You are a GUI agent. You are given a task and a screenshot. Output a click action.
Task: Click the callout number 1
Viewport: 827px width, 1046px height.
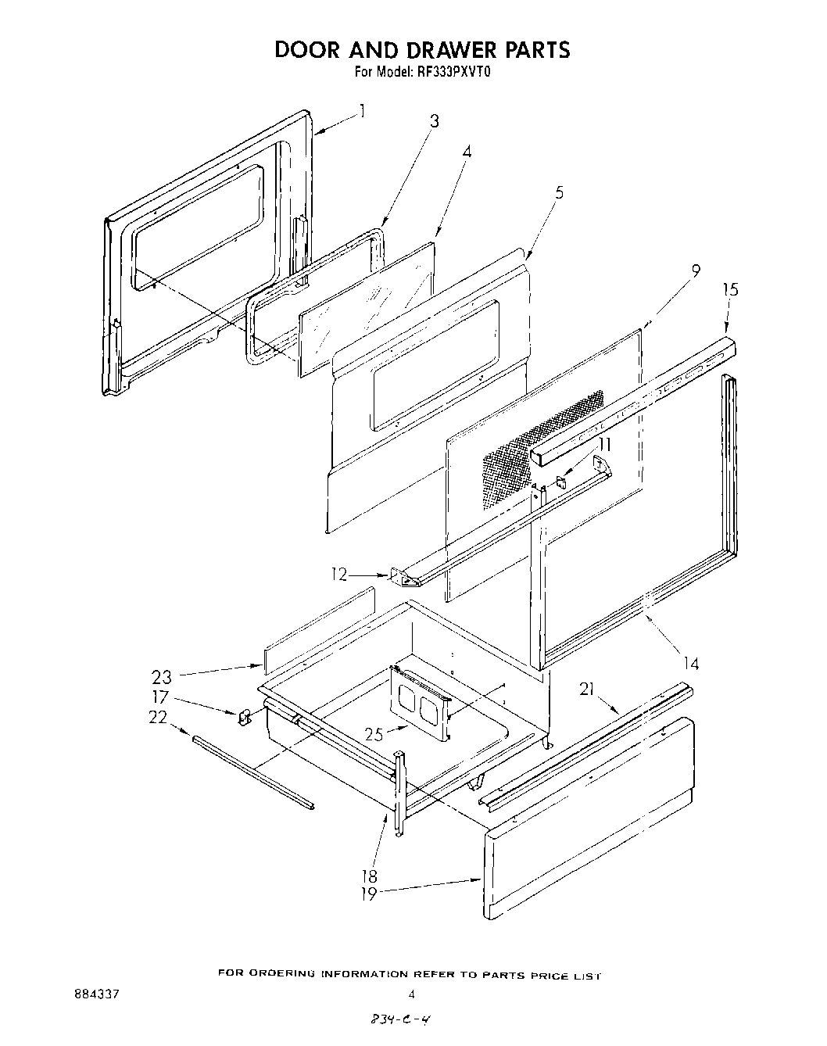click(x=362, y=111)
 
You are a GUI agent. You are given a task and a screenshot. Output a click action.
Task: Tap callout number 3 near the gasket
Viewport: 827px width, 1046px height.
click(x=434, y=120)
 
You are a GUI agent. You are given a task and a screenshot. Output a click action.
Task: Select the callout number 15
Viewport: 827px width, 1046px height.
click(x=729, y=289)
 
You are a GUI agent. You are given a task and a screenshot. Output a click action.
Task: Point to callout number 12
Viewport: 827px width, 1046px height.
click(x=338, y=575)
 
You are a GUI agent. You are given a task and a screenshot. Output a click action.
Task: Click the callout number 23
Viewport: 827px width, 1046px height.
click(x=162, y=677)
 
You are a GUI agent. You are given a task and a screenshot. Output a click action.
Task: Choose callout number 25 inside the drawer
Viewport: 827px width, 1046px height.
click(x=375, y=734)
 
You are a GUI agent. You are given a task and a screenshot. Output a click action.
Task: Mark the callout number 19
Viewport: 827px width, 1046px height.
click(x=368, y=894)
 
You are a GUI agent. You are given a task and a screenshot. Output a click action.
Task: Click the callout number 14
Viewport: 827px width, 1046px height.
click(x=690, y=664)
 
